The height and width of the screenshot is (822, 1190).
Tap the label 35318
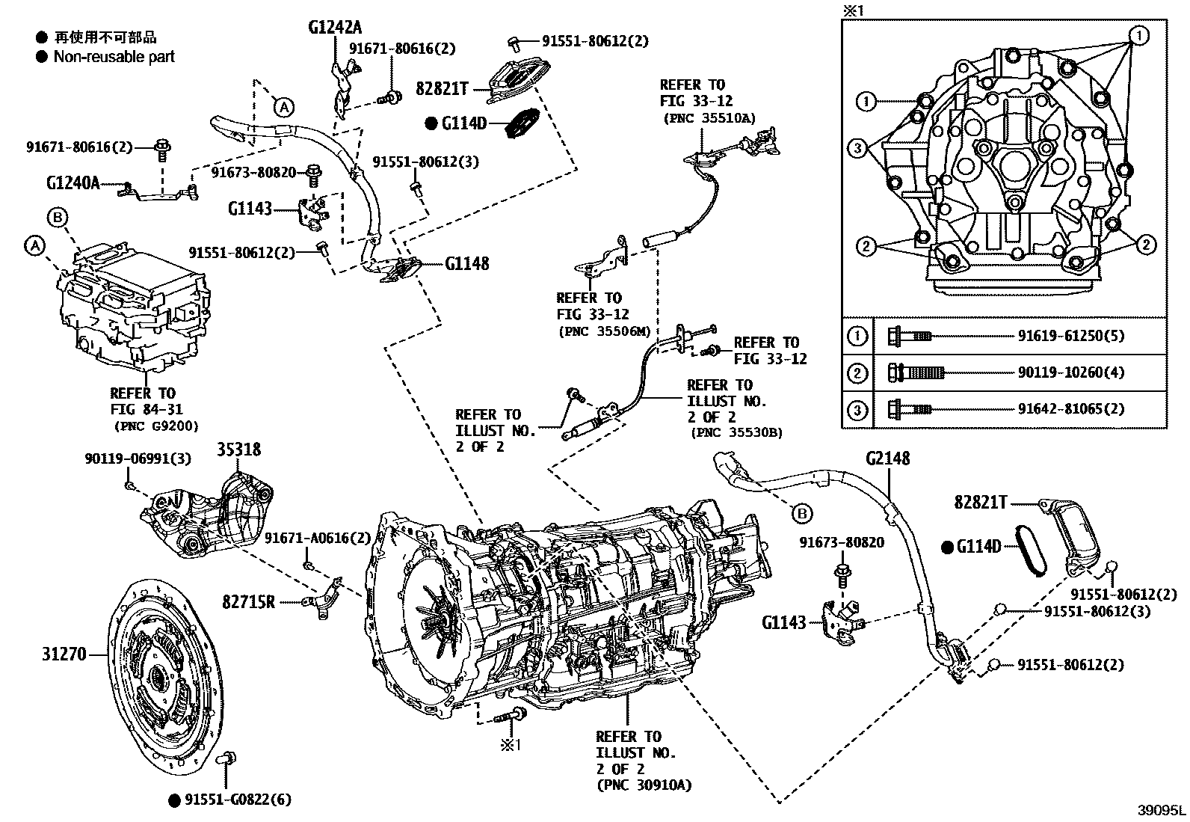tap(239, 450)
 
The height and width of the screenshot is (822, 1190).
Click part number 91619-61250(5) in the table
tap(1070, 336)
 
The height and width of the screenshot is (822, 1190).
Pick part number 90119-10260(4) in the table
tap(1070, 372)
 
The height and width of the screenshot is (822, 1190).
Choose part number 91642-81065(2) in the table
tap(1070, 409)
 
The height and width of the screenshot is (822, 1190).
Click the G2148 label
tap(888, 458)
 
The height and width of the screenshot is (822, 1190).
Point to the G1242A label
tap(335, 28)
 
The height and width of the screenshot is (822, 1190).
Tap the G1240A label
tap(73, 183)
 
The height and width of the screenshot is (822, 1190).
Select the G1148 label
tap(467, 263)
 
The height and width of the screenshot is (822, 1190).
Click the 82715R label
tap(249, 601)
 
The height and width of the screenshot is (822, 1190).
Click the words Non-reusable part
tap(114, 57)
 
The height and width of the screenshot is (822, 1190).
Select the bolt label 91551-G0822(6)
tap(238, 800)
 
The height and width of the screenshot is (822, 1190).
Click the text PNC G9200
tap(156, 426)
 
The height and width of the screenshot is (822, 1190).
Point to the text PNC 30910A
tap(644, 785)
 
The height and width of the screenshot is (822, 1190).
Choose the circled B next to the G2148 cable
tap(801, 514)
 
